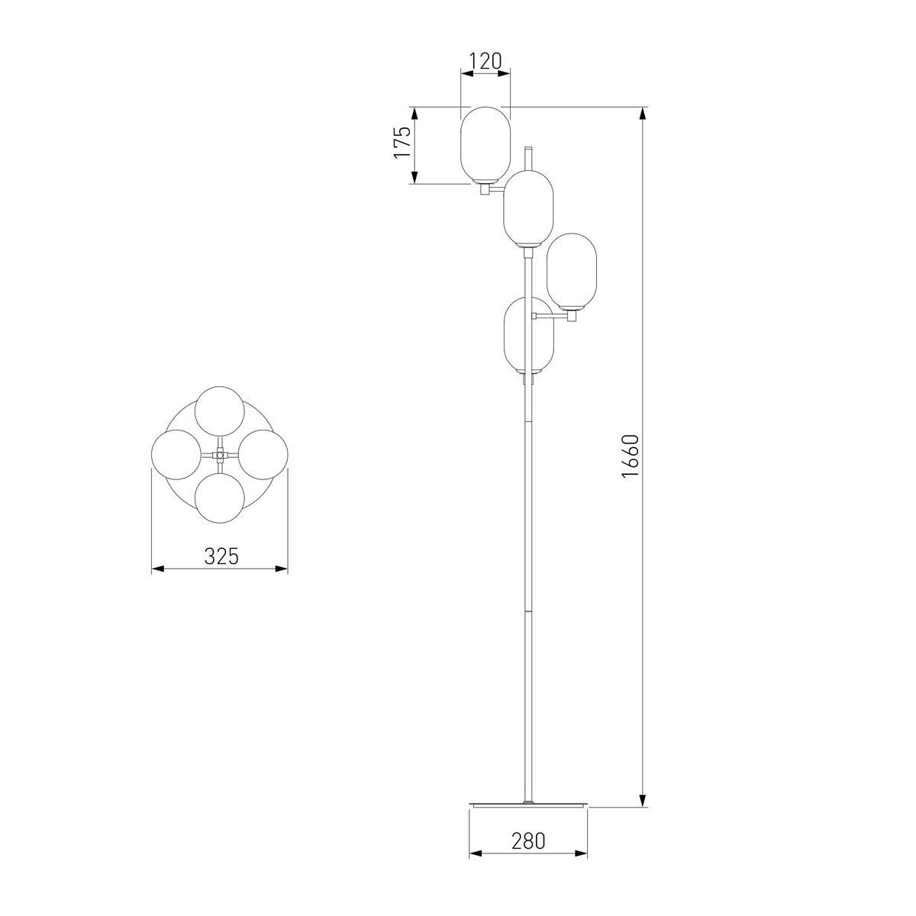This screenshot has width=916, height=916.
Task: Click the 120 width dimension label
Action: point(485,62)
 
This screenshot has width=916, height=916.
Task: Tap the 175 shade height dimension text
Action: point(402,143)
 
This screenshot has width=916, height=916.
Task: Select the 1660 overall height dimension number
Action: point(631,456)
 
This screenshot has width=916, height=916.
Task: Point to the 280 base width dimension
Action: point(528,841)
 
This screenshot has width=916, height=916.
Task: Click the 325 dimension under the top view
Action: point(221,556)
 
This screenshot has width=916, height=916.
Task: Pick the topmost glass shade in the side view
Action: point(485,145)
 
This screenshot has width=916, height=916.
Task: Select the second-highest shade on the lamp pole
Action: point(528,209)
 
